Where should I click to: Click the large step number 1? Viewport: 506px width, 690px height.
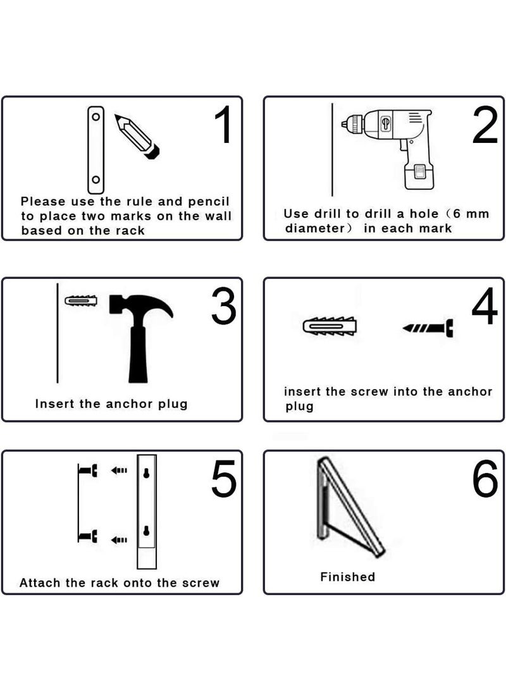point(223,125)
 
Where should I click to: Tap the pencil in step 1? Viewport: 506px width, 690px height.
point(137,136)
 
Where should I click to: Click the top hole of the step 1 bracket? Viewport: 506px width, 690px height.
point(96,117)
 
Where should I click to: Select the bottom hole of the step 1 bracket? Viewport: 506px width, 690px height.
point(96,180)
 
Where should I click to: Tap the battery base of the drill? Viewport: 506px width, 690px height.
point(419,175)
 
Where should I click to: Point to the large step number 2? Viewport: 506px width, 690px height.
point(485,125)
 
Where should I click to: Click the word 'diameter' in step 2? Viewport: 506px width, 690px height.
point(315,228)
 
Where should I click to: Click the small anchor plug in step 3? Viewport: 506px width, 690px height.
point(81,301)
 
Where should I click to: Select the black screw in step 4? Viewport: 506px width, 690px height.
point(428,328)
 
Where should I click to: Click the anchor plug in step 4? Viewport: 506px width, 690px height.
point(330,326)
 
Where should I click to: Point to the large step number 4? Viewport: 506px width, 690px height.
point(484,306)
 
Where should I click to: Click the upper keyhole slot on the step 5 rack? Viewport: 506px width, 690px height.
point(146,473)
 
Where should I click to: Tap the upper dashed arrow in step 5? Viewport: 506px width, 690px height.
point(119,471)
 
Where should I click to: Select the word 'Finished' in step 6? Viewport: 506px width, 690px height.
point(348,576)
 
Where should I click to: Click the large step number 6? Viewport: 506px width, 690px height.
point(485,479)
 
